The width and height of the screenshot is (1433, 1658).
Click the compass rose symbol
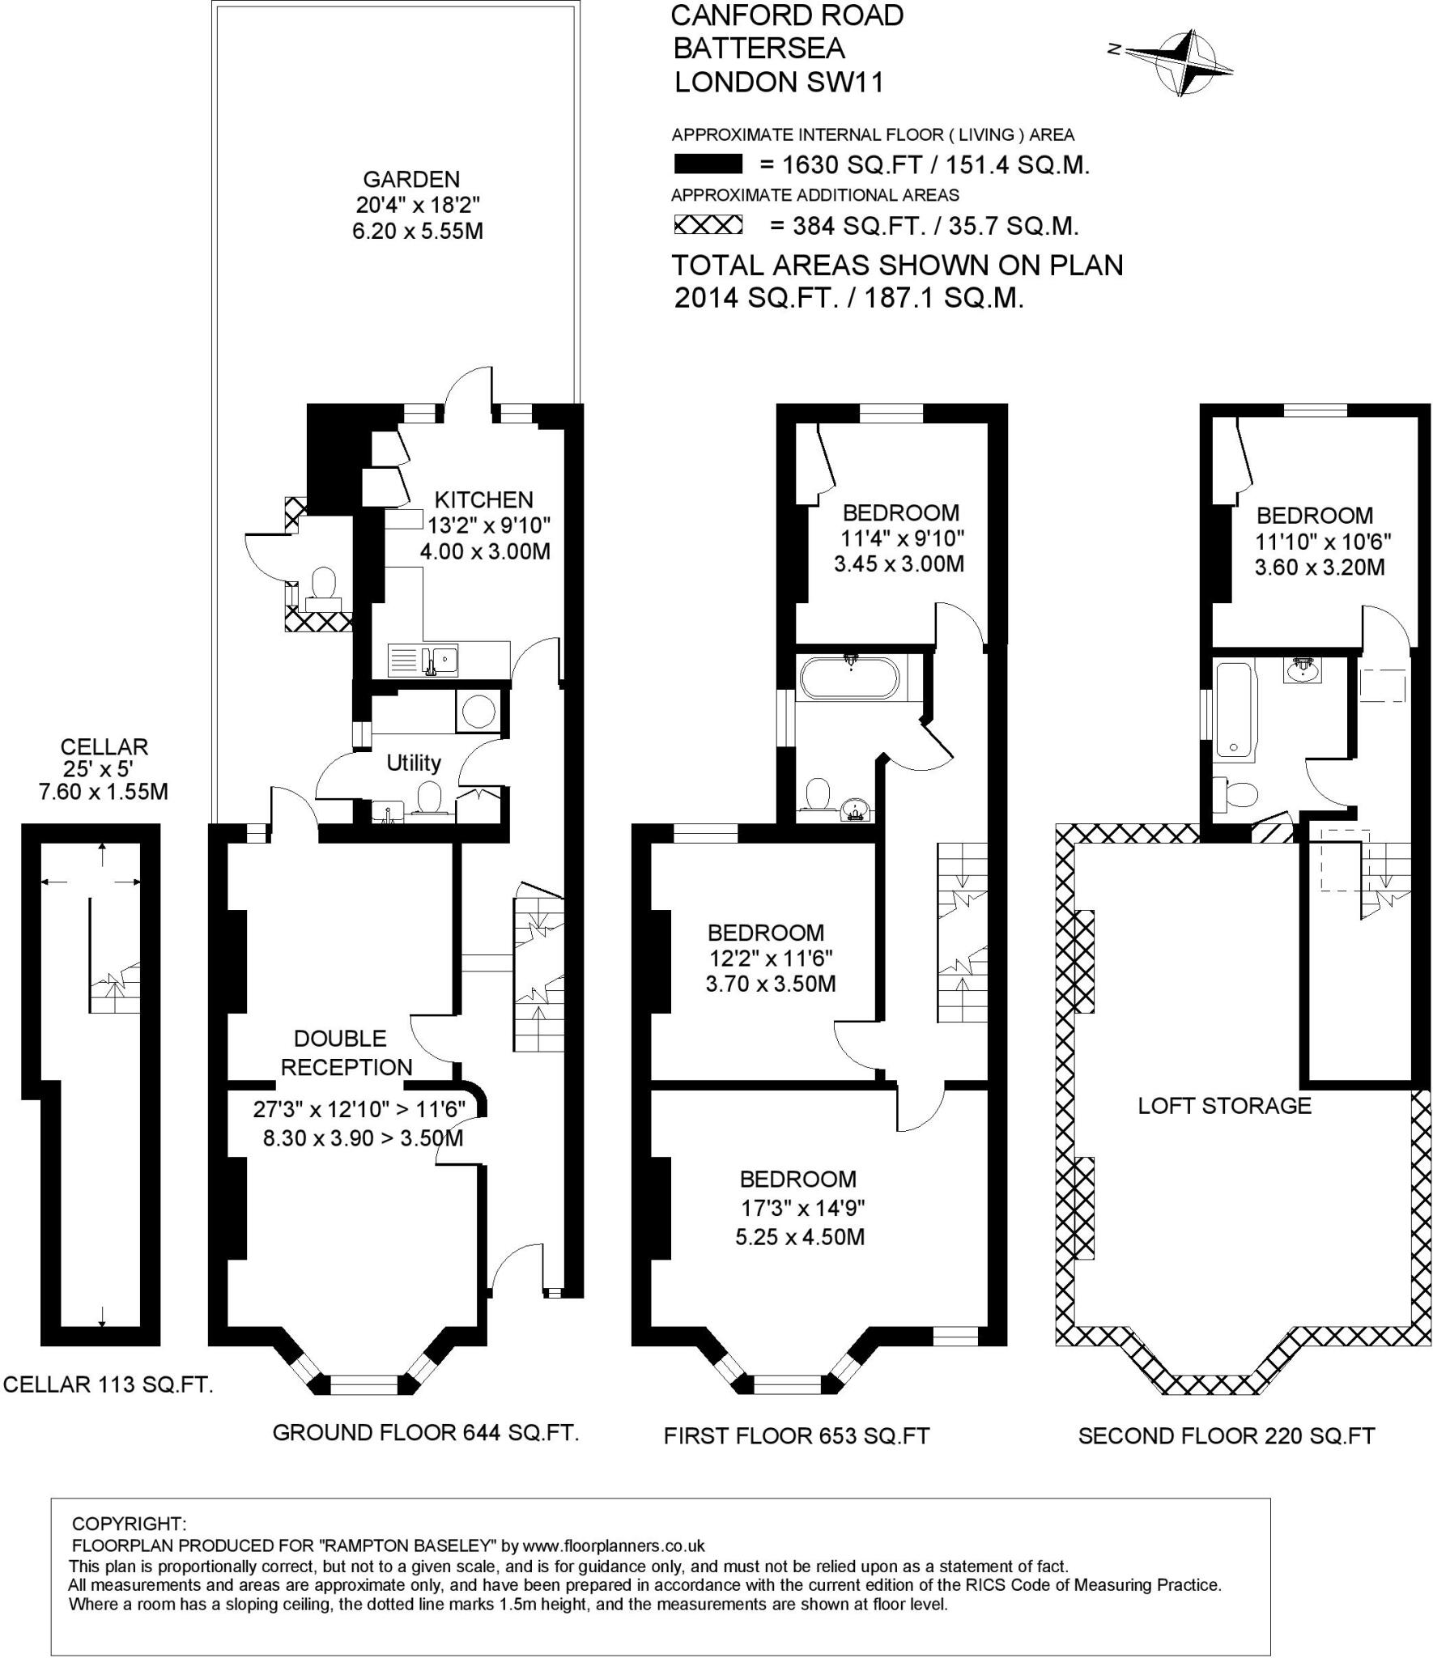(x=1181, y=62)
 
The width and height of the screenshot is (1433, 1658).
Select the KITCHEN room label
(x=483, y=500)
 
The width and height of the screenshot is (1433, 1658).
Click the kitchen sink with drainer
(x=424, y=660)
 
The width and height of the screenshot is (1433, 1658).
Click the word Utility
(x=413, y=763)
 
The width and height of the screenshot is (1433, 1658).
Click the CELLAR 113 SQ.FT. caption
(x=108, y=1384)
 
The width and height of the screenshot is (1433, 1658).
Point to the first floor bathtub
(x=848, y=678)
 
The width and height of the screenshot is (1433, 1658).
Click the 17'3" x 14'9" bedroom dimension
(x=803, y=1208)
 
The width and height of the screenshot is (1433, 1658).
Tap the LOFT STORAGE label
(x=1224, y=1106)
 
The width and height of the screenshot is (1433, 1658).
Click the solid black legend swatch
(x=708, y=164)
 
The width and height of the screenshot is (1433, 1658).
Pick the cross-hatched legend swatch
(x=708, y=225)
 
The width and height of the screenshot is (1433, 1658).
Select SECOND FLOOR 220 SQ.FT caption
(x=1226, y=1435)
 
